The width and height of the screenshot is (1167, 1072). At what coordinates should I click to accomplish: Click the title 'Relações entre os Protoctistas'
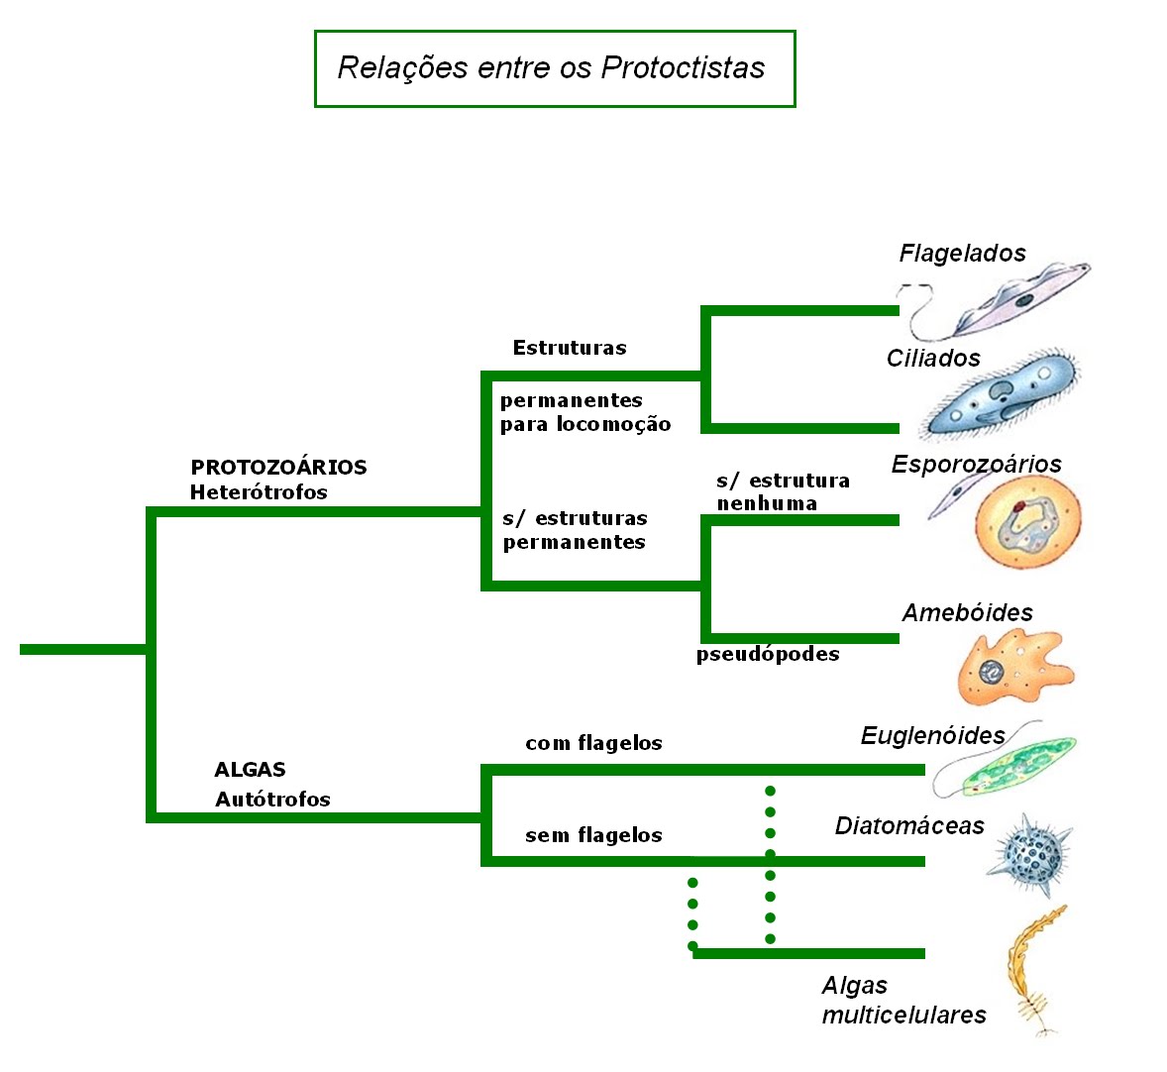pos(551,67)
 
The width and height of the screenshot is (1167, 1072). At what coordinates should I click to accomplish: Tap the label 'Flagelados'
pos(962,254)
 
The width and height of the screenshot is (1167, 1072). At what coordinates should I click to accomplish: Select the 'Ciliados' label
pos(933,359)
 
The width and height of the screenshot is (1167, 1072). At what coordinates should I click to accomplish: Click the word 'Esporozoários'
pos(976,464)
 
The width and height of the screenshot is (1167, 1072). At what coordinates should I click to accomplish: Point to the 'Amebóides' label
pos(967,613)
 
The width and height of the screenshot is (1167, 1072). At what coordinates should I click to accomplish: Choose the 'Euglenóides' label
pos(932,735)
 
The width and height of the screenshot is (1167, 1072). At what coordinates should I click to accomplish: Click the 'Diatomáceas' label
pos(909,826)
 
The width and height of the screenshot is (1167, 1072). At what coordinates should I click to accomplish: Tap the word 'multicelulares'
pos(903,1015)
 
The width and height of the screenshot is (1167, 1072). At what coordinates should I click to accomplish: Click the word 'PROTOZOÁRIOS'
pos(278,467)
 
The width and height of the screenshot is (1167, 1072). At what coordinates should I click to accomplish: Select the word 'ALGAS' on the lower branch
pos(250,770)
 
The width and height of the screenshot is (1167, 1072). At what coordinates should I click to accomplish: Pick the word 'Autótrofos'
pos(272,800)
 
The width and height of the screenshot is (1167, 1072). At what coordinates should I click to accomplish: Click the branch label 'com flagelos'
pos(593,743)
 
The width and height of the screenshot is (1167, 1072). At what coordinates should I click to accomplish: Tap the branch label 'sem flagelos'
pos(593,835)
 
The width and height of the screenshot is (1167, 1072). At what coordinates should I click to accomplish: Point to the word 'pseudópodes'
pos(768,654)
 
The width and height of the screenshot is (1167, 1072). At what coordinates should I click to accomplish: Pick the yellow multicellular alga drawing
pos(1032,966)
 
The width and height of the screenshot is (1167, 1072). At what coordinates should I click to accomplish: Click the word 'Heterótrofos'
pos(259,492)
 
